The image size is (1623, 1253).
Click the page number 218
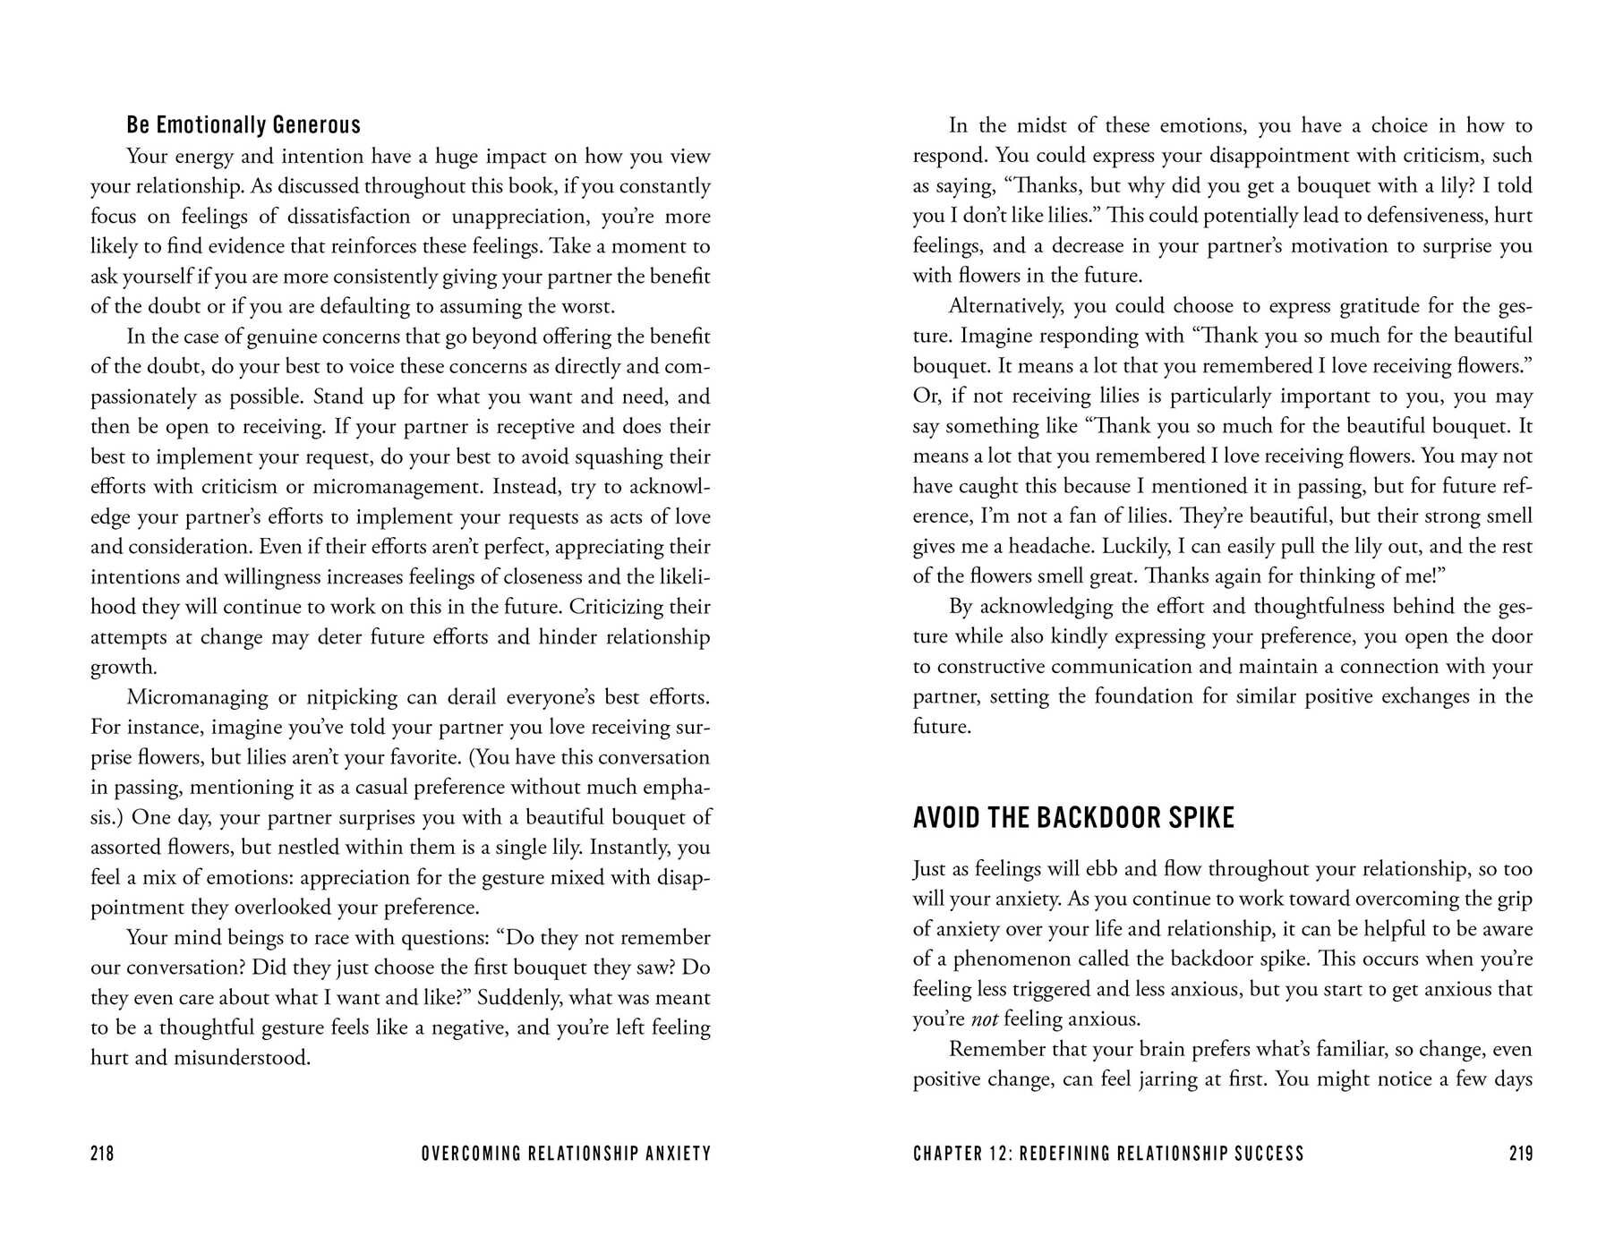click(x=102, y=1154)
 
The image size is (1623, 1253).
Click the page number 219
click(x=1520, y=1154)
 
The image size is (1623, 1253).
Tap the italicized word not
click(x=985, y=1019)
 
